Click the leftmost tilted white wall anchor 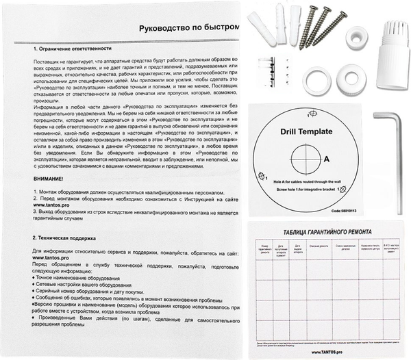262,24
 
